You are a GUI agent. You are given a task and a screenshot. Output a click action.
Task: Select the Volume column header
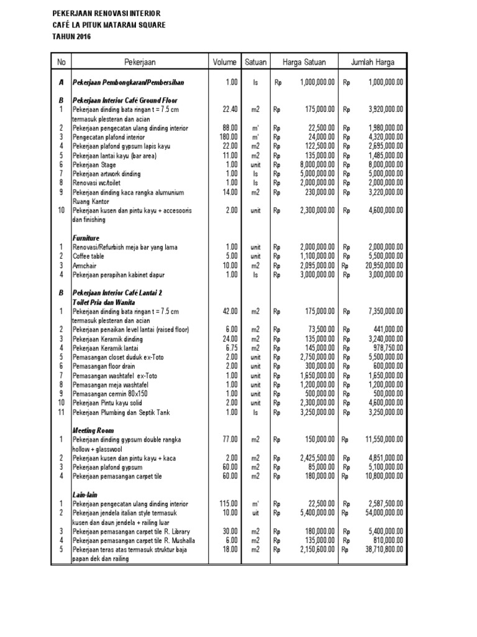pos(224,62)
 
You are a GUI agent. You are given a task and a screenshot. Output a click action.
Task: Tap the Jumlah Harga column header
pos(373,62)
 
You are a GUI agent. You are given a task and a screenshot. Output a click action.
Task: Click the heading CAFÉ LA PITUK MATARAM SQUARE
pos(109,26)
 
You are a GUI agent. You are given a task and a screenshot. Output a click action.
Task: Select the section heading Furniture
pos(86,238)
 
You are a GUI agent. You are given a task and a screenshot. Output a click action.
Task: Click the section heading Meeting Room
pos(93,430)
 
